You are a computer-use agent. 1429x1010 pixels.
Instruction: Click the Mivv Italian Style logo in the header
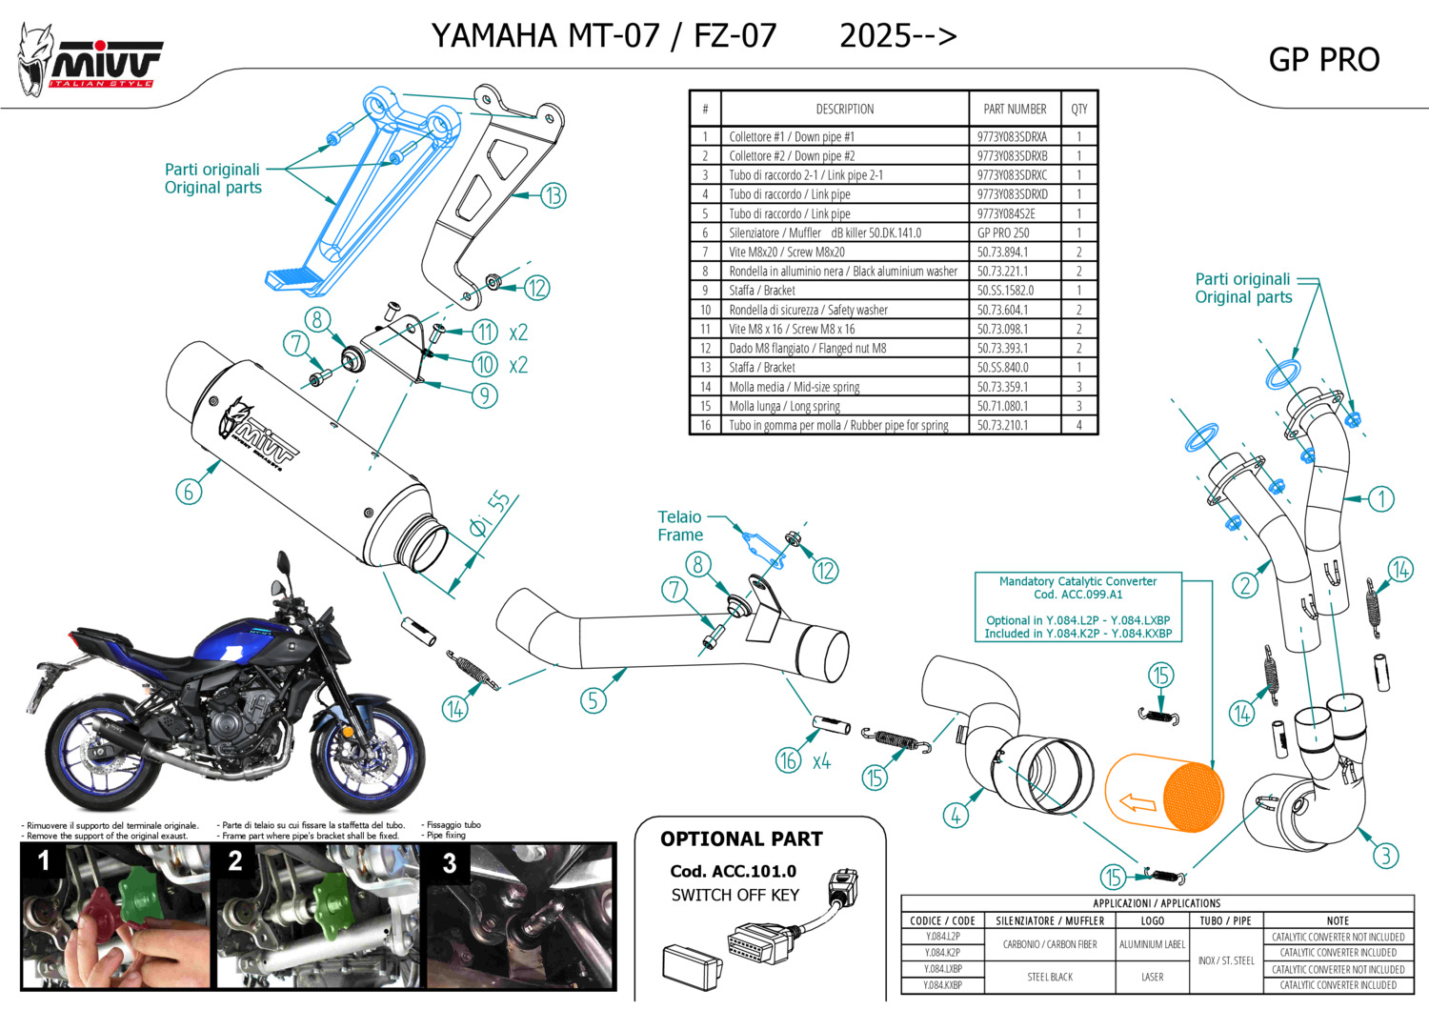(x=91, y=60)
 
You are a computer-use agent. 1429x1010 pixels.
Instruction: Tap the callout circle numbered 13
(x=553, y=195)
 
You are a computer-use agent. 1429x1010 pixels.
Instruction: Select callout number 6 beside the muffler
(x=189, y=491)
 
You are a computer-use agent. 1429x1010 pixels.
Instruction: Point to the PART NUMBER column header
(x=1015, y=109)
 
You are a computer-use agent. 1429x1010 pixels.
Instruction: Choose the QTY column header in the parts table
(x=1078, y=109)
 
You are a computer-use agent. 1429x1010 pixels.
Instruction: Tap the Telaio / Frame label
(x=680, y=526)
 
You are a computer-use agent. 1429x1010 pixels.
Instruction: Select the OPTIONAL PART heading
(x=741, y=839)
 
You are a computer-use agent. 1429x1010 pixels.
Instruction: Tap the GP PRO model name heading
(x=1323, y=60)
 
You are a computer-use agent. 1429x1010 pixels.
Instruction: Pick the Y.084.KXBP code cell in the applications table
(x=941, y=985)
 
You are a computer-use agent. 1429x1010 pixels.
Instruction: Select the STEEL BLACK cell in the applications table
(x=1050, y=977)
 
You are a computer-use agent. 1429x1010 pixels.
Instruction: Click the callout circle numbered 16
(x=788, y=759)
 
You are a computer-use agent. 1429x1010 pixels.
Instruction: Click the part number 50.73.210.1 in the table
(x=1002, y=425)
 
